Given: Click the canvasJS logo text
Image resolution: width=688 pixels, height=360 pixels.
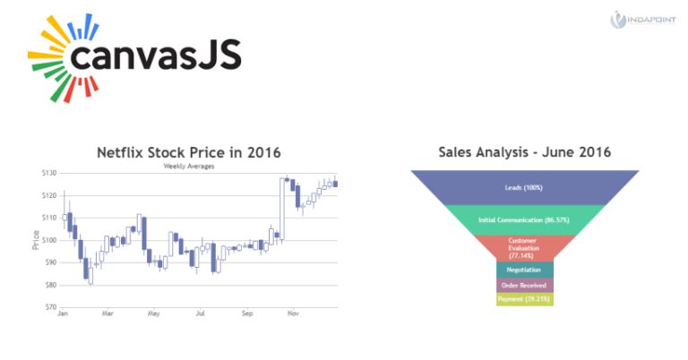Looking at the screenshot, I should pyautogui.click(x=154, y=58).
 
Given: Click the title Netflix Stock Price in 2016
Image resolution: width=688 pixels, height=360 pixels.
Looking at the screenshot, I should pyautogui.click(x=194, y=152).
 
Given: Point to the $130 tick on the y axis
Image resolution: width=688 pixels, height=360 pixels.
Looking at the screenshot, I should pyautogui.click(x=48, y=173).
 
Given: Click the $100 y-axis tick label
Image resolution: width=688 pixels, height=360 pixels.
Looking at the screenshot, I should pyautogui.click(x=48, y=240).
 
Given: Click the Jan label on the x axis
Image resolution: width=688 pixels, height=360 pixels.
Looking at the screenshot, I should pyautogui.click(x=63, y=314).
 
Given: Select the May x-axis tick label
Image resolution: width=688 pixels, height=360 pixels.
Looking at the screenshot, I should pyautogui.click(x=154, y=314).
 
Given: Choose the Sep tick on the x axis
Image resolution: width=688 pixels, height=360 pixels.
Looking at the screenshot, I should pyautogui.click(x=247, y=314).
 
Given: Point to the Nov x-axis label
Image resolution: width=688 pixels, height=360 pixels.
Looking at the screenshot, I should pyautogui.click(x=293, y=314).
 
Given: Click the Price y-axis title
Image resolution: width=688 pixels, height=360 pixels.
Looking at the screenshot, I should pyautogui.click(x=36, y=239).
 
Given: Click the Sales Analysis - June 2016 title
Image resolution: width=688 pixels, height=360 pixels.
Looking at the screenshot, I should pyautogui.click(x=524, y=152).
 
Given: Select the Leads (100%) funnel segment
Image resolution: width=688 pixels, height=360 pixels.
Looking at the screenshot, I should pyautogui.click(x=524, y=187).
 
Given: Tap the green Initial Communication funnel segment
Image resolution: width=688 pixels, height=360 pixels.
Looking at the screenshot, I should pyautogui.click(x=524, y=219).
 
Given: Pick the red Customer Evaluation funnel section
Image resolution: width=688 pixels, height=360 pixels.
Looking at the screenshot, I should pyautogui.click(x=524, y=247).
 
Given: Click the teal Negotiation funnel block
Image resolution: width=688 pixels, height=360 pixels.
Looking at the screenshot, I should pyautogui.click(x=524, y=270).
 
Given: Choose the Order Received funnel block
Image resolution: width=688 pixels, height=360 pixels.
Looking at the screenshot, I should pyautogui.click(x=524, y=285).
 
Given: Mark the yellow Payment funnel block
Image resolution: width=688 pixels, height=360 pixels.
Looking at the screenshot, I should pyautogui.click(x=524, y=299).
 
